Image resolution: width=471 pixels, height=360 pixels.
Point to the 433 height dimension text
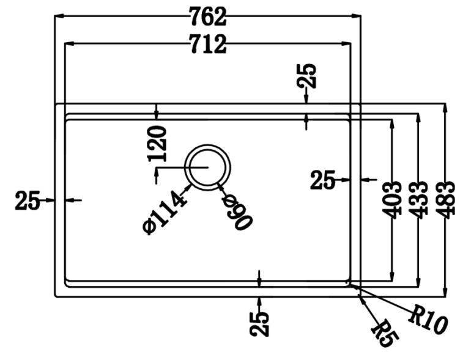419,199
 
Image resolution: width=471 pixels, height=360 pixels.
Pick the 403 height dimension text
391,199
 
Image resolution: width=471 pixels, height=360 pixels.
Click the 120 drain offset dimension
157,143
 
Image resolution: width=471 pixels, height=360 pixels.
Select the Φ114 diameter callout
164,213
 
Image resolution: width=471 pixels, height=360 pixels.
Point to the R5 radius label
383,333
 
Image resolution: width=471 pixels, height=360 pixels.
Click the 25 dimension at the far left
27,200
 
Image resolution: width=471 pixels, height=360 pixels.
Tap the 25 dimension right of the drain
322,180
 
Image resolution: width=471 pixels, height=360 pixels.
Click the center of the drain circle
209,167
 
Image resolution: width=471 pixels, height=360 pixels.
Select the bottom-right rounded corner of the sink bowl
349,282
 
